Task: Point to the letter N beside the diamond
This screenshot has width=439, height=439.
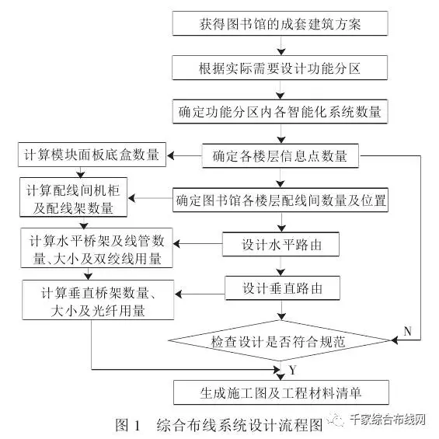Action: point(407,332)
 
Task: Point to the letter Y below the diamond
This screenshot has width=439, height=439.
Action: point(294,369)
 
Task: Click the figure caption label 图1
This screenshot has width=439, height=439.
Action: point(126,425)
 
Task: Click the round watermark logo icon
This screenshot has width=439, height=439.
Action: point(338,420)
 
